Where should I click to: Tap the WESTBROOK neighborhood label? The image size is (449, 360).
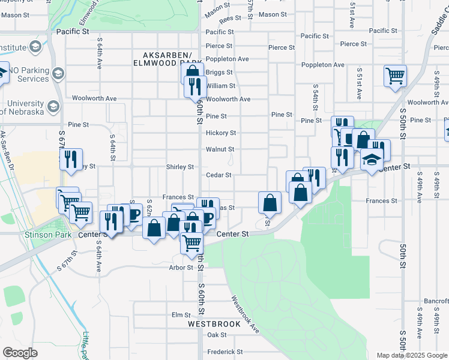point(214,324)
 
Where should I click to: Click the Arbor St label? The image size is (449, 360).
point(180,268)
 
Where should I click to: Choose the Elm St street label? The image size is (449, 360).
point(181,314)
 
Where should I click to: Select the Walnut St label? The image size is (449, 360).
point(220,149)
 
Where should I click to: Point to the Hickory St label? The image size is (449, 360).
point(221,133)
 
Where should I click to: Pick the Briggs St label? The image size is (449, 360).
point(215,72)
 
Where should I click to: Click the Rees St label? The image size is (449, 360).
point(230,19)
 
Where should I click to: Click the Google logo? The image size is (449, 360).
point(20,353)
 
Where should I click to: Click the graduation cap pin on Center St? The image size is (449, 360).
point(372,160)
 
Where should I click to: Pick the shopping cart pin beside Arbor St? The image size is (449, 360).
point(191,243)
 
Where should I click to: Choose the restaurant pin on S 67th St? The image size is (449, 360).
point(71,160)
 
